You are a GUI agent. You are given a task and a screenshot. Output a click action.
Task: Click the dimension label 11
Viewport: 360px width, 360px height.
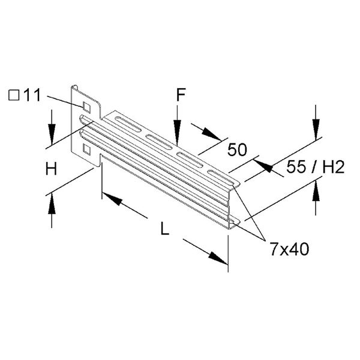(32, 95)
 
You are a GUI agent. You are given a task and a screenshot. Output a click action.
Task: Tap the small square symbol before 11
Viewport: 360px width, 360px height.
(14, 95)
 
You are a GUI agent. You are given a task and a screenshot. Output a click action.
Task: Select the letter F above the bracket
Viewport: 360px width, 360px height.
(181, 95)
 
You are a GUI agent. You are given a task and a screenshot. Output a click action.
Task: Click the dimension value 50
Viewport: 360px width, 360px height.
(237, 149)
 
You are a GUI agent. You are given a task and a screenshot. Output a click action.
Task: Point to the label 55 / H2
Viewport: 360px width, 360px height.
(316, 167)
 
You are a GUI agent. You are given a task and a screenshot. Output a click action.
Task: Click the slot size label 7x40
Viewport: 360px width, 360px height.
(289, 250)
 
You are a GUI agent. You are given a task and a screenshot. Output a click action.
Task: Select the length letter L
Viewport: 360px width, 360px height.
(164, 229)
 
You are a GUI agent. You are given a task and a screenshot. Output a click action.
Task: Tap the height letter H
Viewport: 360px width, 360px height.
(51, 169)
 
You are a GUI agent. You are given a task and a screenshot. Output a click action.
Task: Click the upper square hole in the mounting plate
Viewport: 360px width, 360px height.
(86, 107)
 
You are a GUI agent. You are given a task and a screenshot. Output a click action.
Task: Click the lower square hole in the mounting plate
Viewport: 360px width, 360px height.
(86, 149)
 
